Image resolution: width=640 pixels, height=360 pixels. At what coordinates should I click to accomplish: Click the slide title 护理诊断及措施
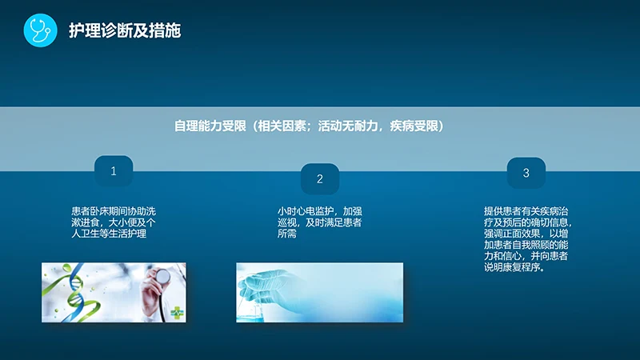point(125,31)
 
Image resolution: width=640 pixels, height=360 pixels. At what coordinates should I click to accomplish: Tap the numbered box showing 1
point(114,171)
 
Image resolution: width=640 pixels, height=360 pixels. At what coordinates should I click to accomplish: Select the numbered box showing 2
point(320,179)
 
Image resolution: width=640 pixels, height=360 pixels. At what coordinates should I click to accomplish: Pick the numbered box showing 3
point(526,173)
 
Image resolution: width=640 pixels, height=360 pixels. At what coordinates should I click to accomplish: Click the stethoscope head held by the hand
point(163,277)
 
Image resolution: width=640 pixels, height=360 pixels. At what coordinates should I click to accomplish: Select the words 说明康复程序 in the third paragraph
point(513,268)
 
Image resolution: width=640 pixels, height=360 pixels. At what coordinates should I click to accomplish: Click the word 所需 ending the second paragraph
point(286,234)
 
